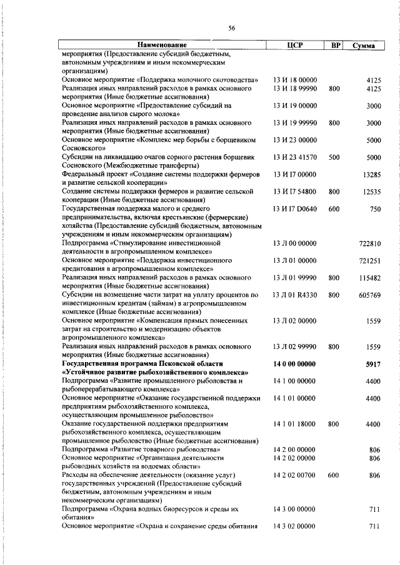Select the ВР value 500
[334, 157]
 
